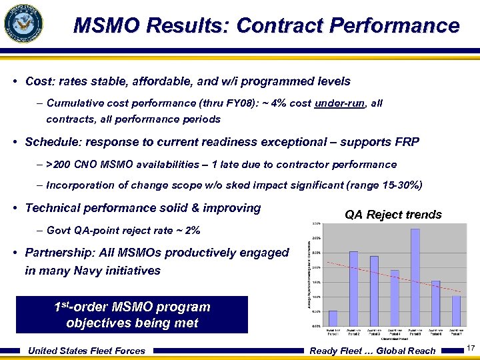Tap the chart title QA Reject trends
pos(393,215)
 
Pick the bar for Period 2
pos(354,289)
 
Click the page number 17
pos(470,349)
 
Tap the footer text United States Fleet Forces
pos(87,351)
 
